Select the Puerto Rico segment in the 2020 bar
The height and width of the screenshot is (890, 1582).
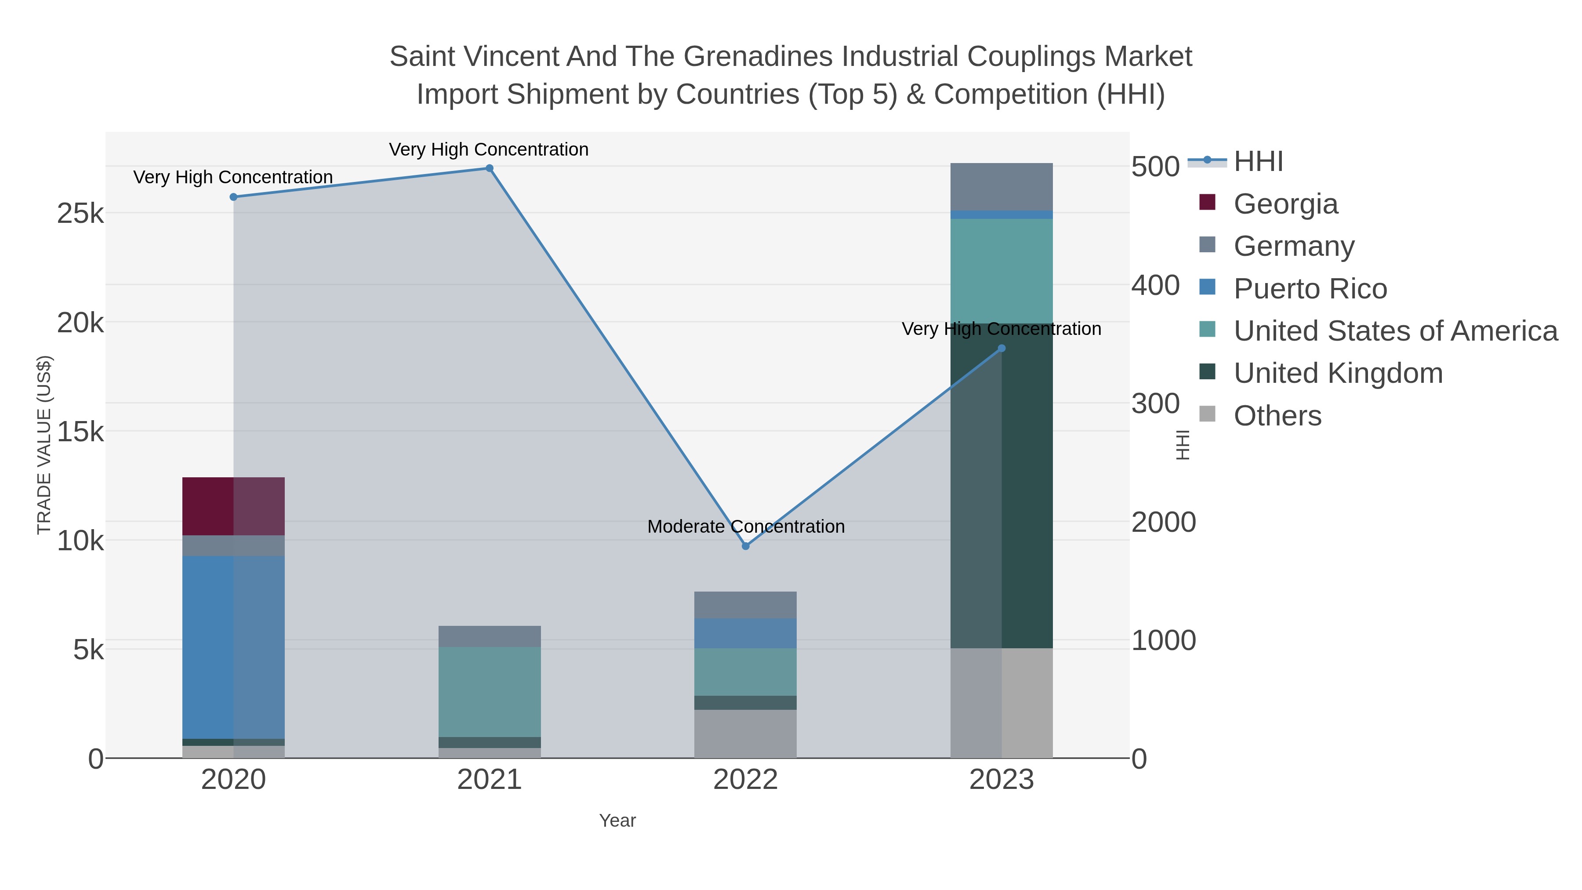click(233, 647)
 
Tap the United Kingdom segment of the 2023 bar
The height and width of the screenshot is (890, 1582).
click(1001, 485)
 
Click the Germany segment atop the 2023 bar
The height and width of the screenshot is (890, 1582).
click(1001, 187)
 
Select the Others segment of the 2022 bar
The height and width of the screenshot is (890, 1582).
click(745, 734)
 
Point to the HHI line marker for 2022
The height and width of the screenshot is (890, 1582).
click(746, 546)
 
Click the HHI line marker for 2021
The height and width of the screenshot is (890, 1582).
click(490, 168)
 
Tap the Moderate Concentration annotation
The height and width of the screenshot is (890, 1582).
click(746, 527)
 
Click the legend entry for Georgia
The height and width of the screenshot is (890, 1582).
click(1285, 204)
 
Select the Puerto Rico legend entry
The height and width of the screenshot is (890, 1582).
click(1310, 289)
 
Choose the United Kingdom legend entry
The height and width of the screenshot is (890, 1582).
click(1338, 374)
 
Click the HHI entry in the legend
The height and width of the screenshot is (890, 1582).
click(1258, 162)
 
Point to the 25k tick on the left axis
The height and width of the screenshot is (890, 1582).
click(80, 214)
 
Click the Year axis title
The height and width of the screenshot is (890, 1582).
click(617, 821)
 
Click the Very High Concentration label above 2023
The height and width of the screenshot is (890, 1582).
click(1001, 329)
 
